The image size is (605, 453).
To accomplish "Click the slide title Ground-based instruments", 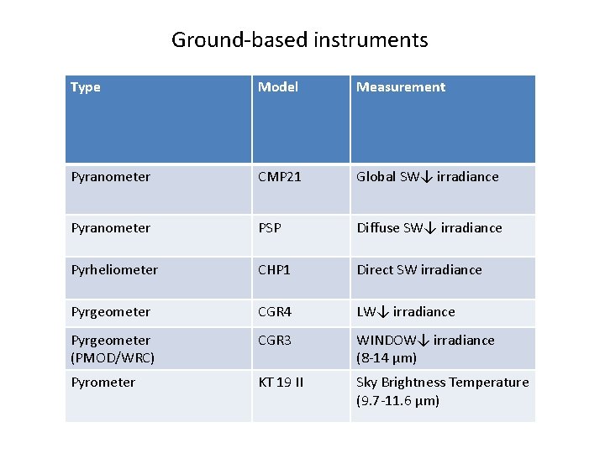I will (x=300, y=39).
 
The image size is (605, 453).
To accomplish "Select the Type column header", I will (x=86, y=87).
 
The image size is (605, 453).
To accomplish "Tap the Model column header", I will (x=277, y=87).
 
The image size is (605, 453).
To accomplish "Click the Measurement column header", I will (x=401, y=87).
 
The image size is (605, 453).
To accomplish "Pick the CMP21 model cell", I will (x=279, y=177).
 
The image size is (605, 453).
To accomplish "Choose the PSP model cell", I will (x=270, y=228).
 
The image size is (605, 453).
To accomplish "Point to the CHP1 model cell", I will (x=275, y=270).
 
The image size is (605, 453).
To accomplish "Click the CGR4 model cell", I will (x=275, y=312).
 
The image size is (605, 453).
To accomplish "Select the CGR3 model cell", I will (x=275, y=341).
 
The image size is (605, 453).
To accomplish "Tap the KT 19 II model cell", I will (x=281, y=383).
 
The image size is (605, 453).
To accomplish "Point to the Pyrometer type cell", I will (x=103, y=383).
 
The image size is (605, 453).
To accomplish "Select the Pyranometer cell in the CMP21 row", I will (x=111, y=177).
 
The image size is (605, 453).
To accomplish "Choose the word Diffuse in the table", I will (x=378, y=228).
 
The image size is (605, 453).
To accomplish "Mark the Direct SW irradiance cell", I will (x=419, y=270).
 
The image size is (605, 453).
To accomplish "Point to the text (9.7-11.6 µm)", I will (x=397, y=401).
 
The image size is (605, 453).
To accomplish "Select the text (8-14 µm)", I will (x=387, y=358).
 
